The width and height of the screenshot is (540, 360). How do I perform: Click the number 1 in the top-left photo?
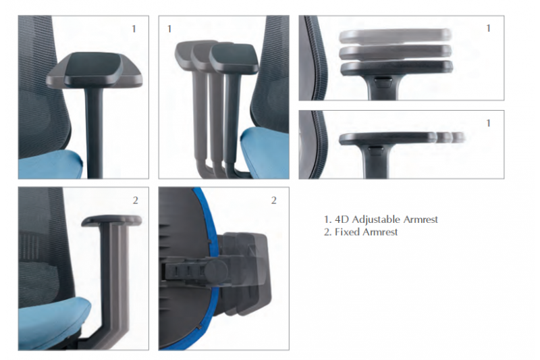coord(134,29)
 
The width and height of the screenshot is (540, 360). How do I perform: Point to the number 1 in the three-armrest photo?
coord(169,29)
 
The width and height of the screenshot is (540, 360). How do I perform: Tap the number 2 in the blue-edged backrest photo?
coord(274,200)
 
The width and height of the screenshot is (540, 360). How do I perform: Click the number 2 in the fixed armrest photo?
coord(136,200)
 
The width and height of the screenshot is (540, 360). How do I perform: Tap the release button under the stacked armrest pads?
coord(383,82)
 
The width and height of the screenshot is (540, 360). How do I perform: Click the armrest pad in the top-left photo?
coord(94,70)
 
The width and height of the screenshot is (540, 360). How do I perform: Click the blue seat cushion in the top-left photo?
coord(51,165)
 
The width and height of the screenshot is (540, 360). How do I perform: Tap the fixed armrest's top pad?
coord(111,221)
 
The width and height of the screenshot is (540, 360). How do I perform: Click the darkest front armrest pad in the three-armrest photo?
coord(234,59)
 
